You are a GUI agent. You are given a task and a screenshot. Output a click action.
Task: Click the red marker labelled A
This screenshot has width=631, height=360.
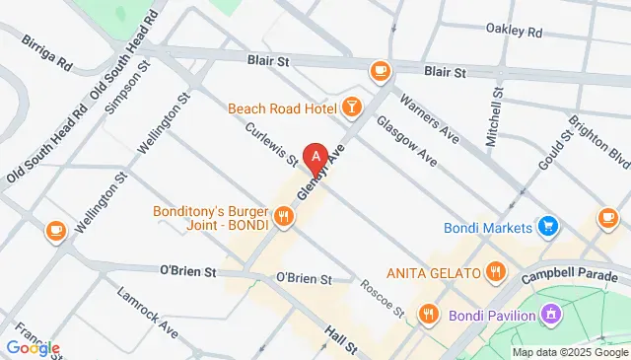tap(315, 157)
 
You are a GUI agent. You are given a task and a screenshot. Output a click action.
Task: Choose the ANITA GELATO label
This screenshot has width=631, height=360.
tap(433, 271)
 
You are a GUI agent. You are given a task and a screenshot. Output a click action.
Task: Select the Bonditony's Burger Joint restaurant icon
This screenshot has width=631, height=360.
tap(284, 216)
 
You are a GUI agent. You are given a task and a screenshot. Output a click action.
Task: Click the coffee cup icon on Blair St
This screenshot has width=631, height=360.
tap(379, 71)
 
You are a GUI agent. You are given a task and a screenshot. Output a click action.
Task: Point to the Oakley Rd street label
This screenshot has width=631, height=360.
tap(514, 33)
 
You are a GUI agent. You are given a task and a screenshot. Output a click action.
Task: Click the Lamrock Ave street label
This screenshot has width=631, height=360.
tap(147, 308)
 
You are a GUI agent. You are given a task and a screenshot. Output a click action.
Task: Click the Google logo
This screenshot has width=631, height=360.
tap(33, 347)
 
